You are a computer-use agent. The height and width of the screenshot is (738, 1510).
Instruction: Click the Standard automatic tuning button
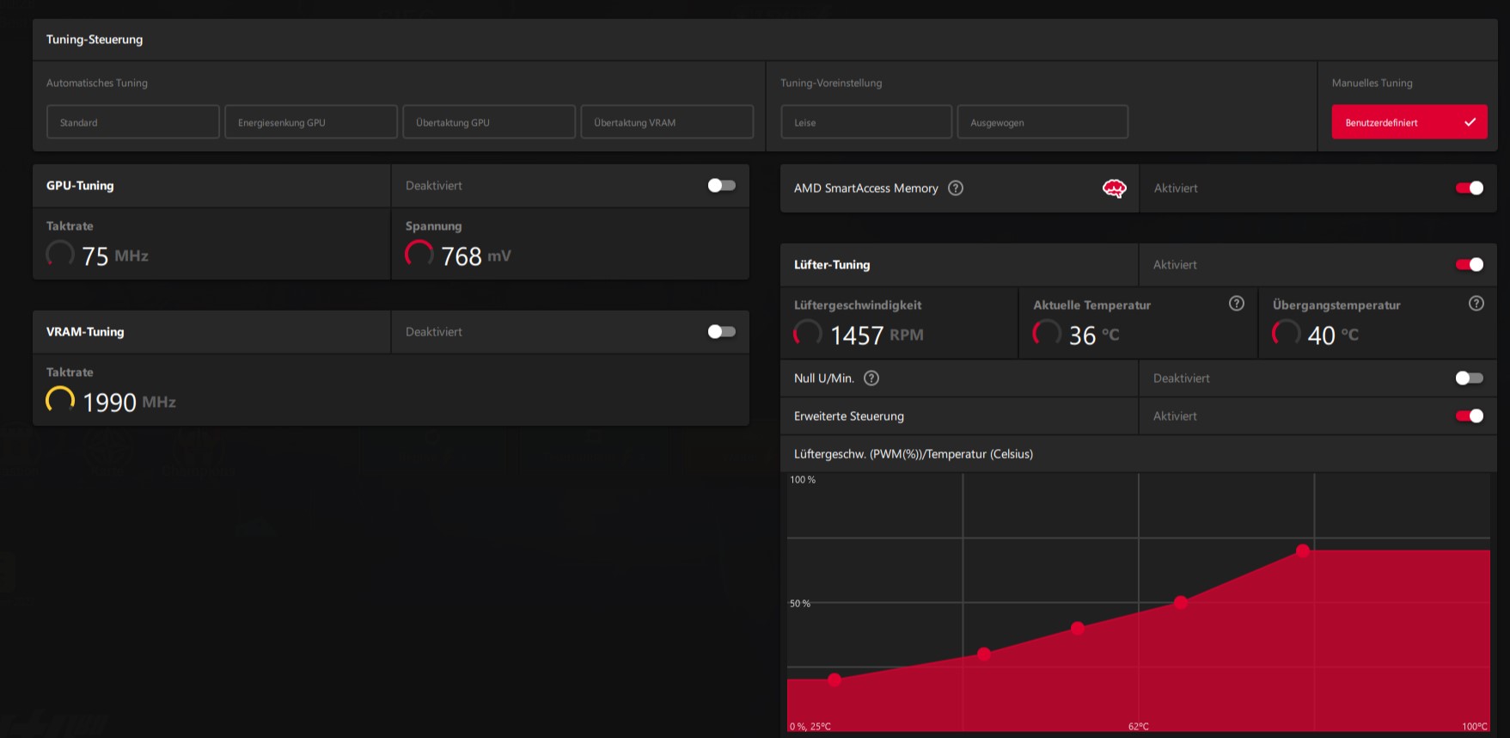tap(132, 122)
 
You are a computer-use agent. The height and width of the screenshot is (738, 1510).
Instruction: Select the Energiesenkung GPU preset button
tap(310, 122)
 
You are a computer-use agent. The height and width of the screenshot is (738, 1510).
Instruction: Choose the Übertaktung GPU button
tap(488, 122)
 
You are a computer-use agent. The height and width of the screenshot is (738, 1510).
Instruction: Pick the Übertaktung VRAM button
tap(666, 122)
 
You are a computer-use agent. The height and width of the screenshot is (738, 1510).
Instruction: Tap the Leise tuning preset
tap(865, 122)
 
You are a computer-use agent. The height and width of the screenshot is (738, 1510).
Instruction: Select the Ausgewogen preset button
tap(1042, 122)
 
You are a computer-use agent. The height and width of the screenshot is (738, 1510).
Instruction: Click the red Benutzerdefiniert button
tap(1409, 122)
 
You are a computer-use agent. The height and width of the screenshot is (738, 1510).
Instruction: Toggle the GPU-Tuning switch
tap(721, 186)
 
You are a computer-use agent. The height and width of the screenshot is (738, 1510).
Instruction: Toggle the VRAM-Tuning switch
tap(721, 332)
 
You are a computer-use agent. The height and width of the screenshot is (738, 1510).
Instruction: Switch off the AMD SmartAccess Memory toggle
tap(1469, 188)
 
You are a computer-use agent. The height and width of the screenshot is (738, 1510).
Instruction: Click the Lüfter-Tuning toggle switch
tap(1469, 265)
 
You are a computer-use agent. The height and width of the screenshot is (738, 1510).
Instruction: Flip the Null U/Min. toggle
tap(1469, 378)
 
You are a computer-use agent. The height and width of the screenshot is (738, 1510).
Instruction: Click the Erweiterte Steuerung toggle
tap(1469, 416)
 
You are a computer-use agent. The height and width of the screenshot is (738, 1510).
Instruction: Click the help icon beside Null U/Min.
tap(871, 378)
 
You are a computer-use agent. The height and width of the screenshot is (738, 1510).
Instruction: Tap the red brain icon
tap(1114, 188)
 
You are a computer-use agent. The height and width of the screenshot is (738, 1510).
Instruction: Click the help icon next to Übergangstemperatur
tap(1476, 304)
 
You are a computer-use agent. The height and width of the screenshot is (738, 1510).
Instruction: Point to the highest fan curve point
tap(1303, 550)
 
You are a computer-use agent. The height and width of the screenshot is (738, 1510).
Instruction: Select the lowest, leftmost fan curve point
tap(834, 680)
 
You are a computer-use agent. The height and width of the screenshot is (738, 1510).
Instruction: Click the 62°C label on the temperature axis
tap(1138, 727)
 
